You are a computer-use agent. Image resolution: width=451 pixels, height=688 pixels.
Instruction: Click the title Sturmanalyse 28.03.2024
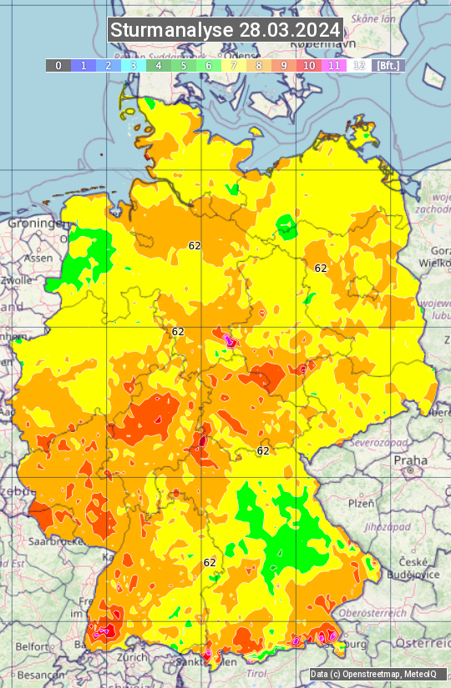(225, 30)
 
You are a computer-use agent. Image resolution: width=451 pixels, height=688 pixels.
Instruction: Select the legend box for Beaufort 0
(58, 65)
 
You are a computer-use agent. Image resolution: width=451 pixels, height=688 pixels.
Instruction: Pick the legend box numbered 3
(134, 65)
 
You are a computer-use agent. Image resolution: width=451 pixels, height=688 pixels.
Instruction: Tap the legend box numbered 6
(209, 65)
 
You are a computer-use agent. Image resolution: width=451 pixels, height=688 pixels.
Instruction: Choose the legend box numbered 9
(284, 65)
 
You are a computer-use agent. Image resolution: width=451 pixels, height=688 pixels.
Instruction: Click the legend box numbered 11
(334, 65)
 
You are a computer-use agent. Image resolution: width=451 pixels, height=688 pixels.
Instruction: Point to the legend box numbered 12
(359, 65)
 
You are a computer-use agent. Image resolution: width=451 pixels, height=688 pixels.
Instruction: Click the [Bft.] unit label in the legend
(388, 65)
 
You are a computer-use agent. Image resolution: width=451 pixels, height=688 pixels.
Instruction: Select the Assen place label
(38, 259)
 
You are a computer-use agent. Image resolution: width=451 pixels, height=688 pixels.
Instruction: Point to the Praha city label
(410, 460)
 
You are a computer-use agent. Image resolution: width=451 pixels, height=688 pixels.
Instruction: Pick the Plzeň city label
(361, 503)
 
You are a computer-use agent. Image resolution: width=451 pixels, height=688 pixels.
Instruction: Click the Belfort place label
(33, 646)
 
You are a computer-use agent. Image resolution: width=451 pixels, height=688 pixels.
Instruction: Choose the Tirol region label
(256, 673)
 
